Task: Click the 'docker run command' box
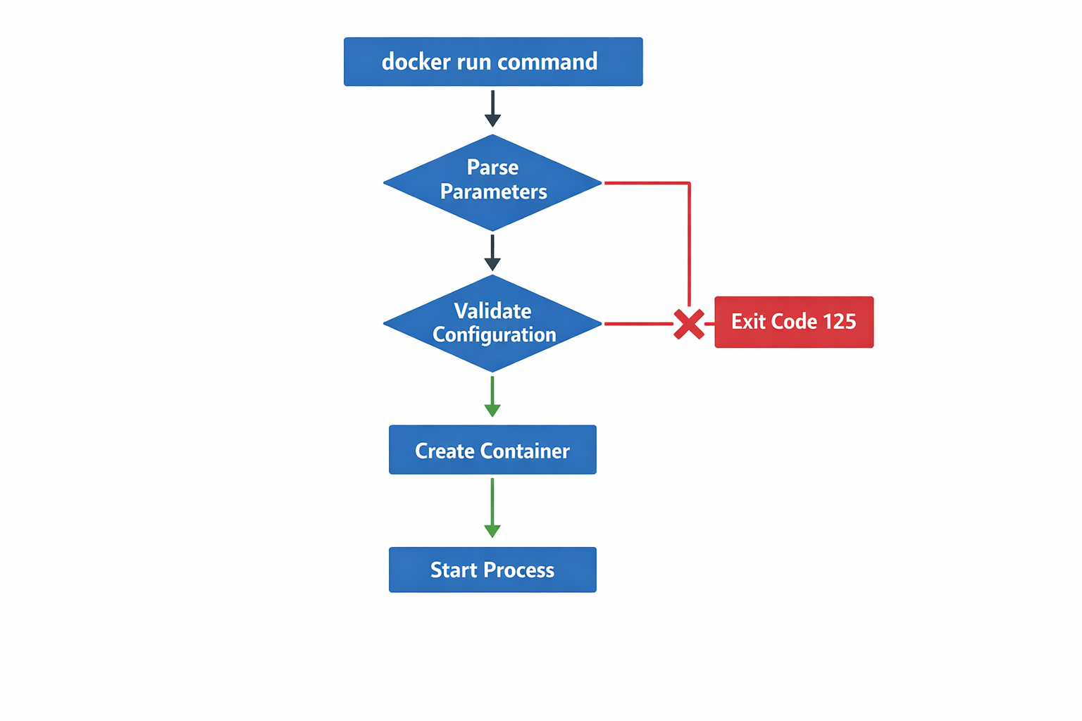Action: click(492, 62)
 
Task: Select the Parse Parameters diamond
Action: click(492, 182)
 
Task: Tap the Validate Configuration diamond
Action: click(492, 323)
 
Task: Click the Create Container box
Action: click(492, 450)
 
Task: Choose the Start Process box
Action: click(492, 570)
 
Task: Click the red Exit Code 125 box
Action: click(794, 322)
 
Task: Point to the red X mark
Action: click(688, 324)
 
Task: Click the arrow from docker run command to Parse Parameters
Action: click(492, 108)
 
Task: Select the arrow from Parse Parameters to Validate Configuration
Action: click(492, 253)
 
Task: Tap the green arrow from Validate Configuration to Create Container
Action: click(492, 396)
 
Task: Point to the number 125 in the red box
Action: click(839, 322)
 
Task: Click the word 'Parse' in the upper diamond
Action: click(492, 168)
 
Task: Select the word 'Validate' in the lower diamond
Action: click(492, 311)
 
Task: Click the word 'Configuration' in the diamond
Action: click(494, 335)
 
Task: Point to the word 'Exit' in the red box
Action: click(747, 322)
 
